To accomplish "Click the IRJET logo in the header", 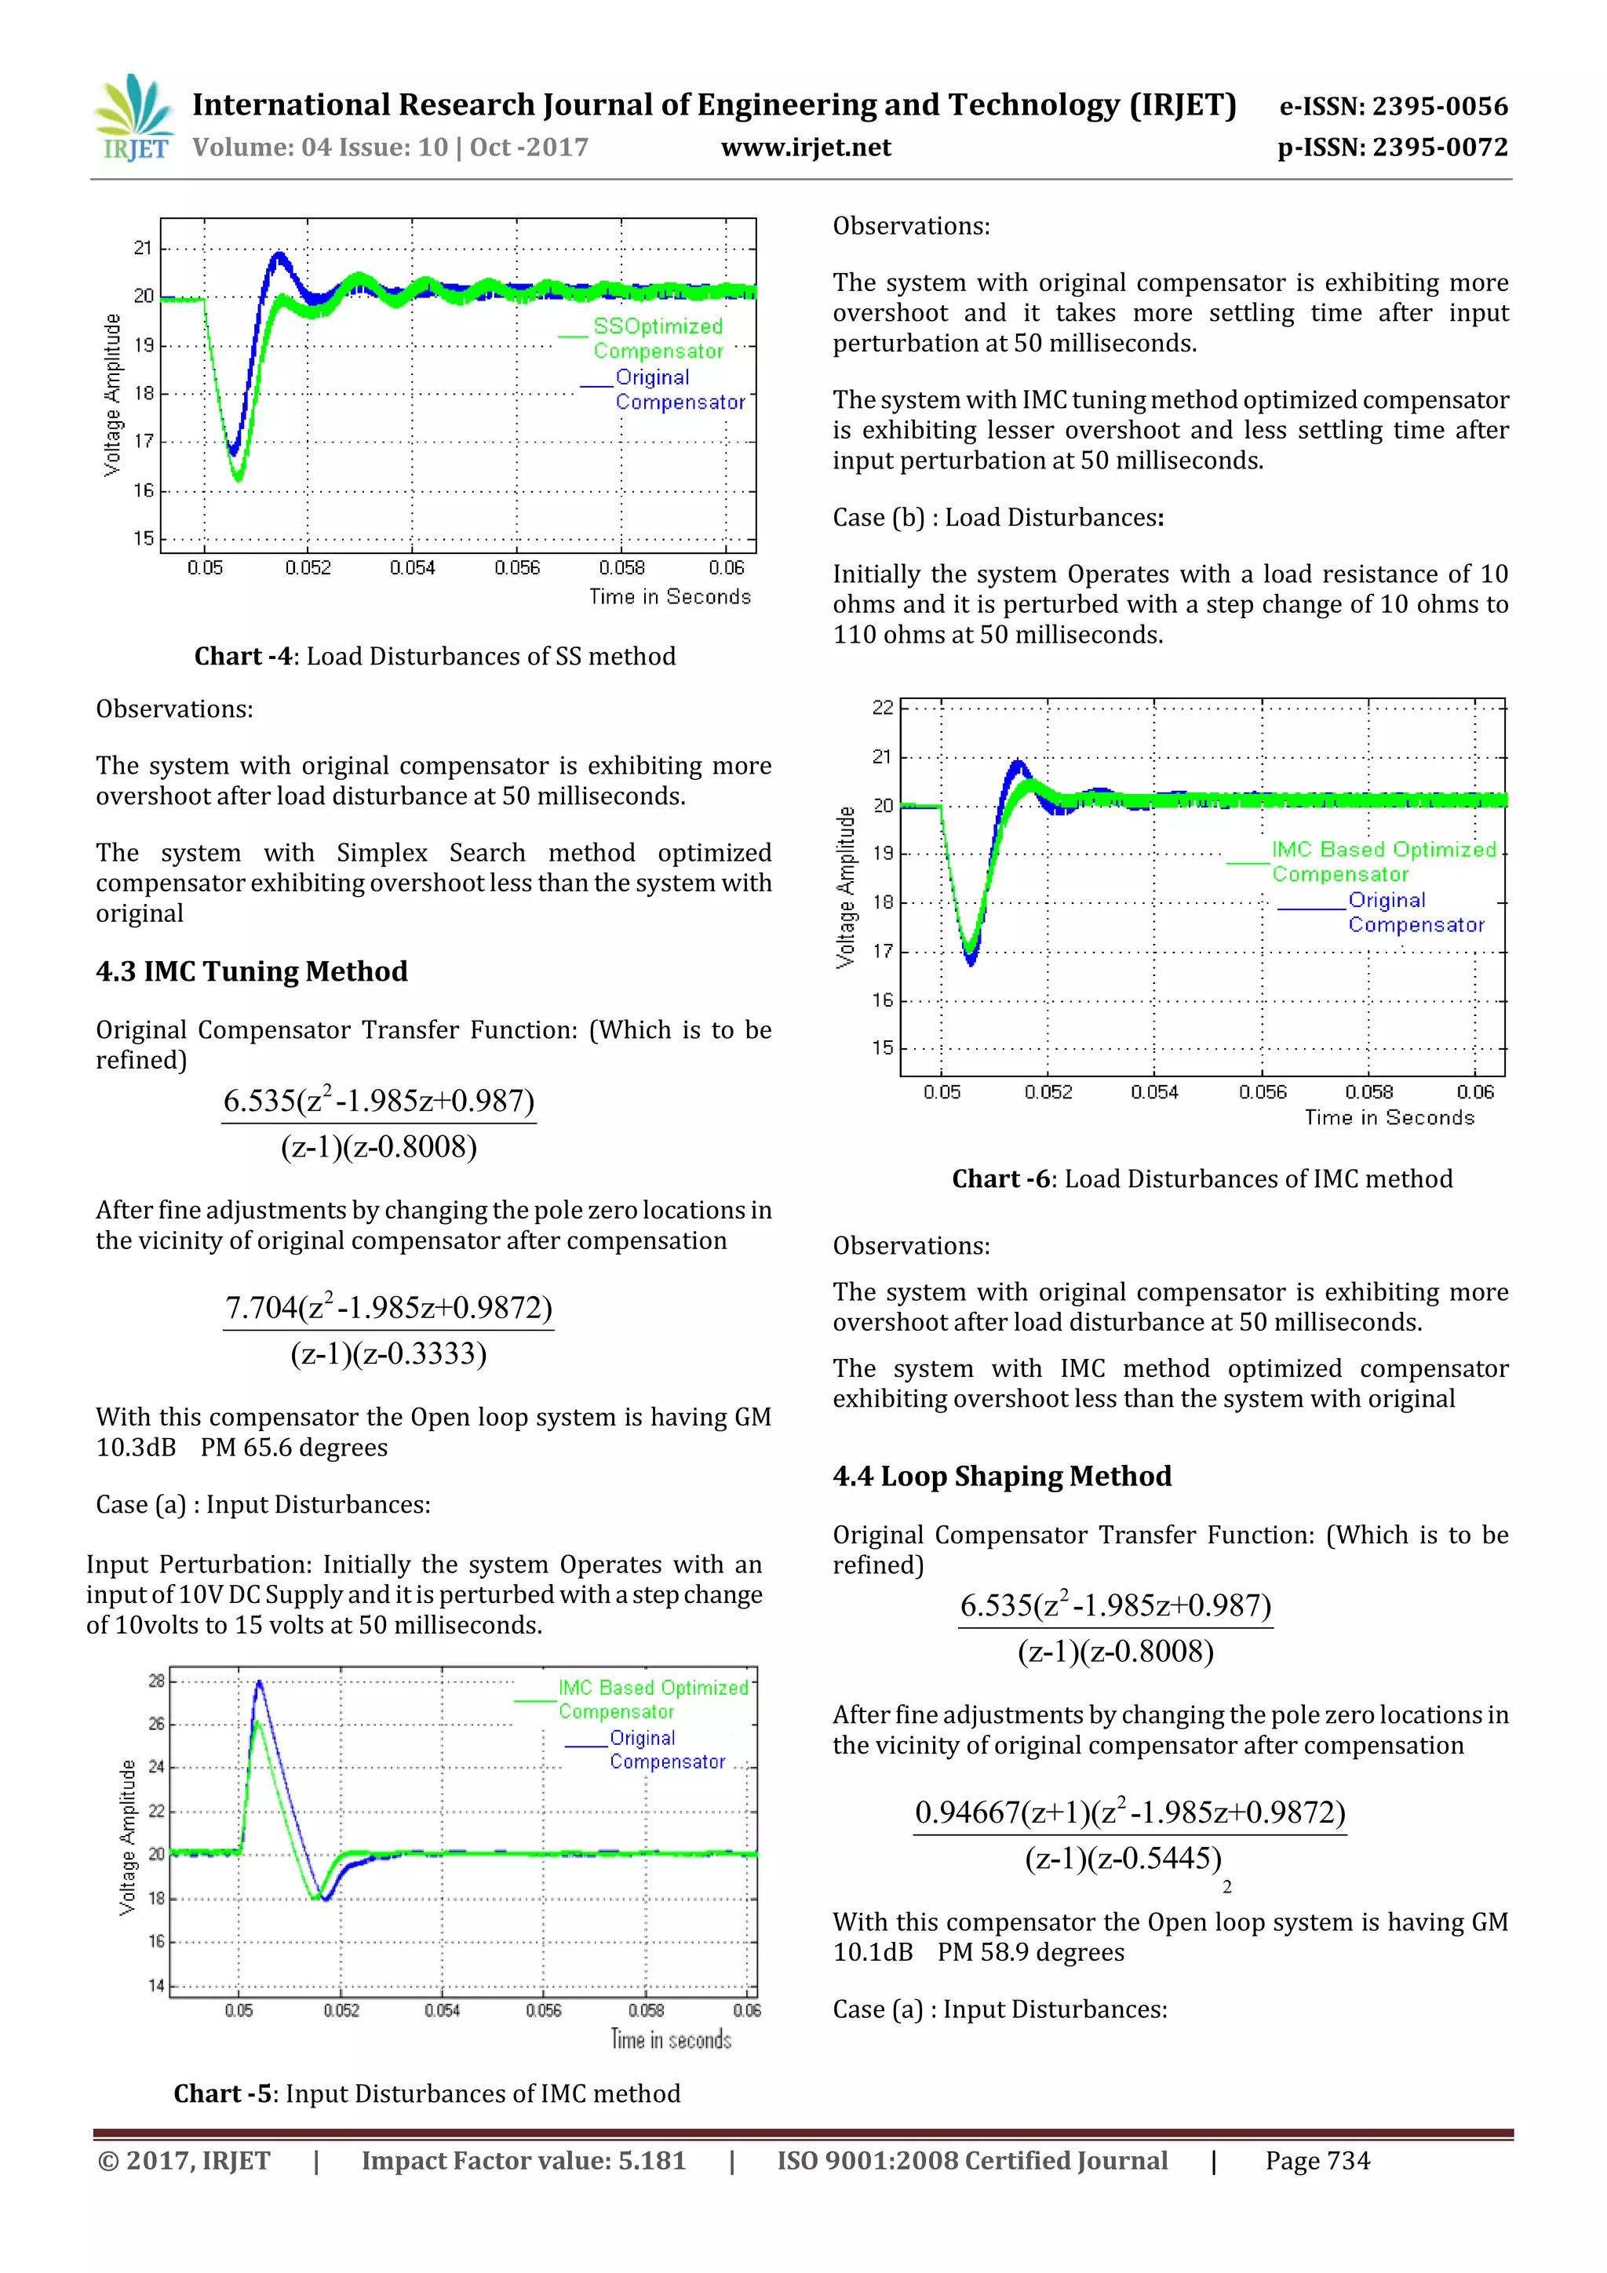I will click(x=133, y=118).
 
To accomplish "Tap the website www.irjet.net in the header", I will click(x=805, y=148).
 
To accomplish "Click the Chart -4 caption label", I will click(x=243, y=657).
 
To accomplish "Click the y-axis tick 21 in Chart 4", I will click(x=144, y=247).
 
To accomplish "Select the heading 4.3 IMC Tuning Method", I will click(x=252, y=971).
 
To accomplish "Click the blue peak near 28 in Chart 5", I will click(x=260, y=1683).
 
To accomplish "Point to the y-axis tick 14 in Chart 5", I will click(x=155, y=1985).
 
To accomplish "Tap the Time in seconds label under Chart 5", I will click(x=670, y=2039).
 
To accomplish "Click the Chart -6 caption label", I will click(x=1000, y=1179).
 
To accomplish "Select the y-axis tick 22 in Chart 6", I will click(x=882, y=708).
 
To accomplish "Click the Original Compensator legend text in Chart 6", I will click(x=1415, y=912).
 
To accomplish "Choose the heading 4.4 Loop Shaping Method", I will click(x=1001, y=1476).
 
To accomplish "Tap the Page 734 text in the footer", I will click(x=1317, y=2161).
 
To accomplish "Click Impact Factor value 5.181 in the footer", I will click(x=523, y=2161).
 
